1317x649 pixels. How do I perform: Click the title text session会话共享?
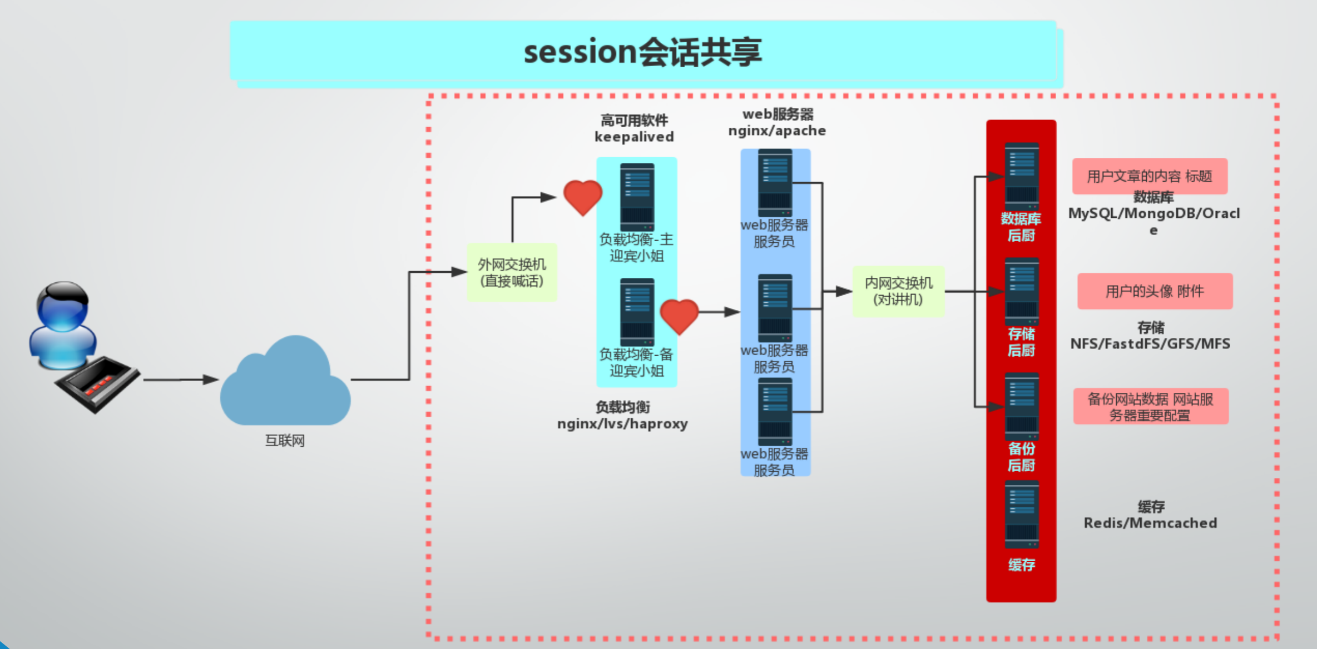642,52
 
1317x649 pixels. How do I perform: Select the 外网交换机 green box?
512,272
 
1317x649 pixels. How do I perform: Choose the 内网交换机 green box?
898,291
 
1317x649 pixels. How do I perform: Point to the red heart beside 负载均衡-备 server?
679,316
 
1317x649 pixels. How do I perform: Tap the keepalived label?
634,137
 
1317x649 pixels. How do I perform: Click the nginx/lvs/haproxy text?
622,424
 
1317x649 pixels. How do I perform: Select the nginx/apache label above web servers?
777,131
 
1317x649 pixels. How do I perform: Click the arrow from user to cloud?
181,380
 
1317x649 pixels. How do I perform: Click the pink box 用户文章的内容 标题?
1150,176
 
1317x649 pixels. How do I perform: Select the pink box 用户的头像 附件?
1155,291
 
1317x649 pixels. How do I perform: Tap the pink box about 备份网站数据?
1150,407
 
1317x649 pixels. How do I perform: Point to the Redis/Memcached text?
1150,523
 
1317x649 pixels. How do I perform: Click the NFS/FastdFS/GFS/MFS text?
1150,344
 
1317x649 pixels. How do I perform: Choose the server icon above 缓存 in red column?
1022,515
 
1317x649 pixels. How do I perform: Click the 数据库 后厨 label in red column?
1021,227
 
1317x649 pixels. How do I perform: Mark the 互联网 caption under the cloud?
285,441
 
